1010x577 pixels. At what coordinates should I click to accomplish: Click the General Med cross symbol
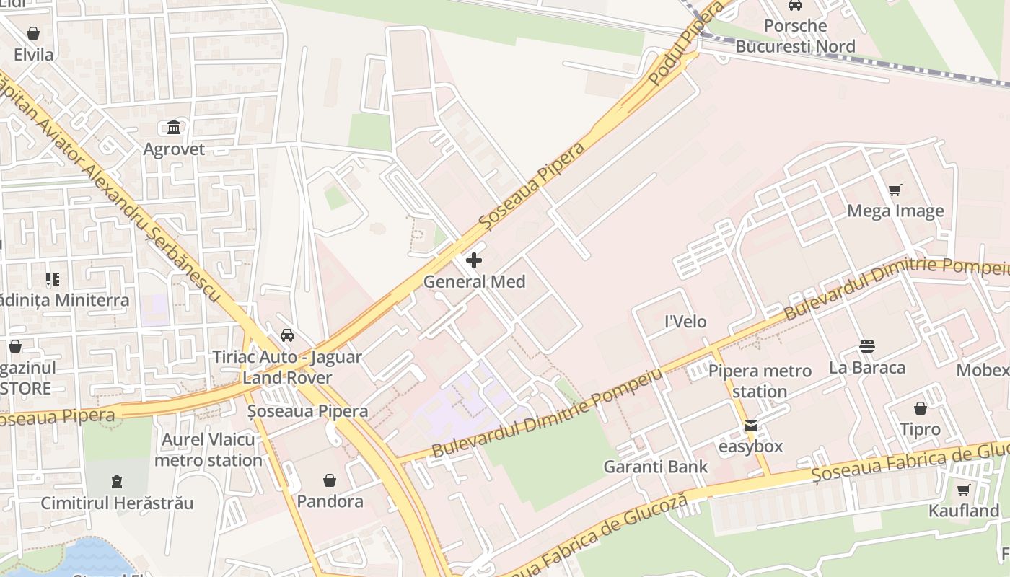pos(474,260)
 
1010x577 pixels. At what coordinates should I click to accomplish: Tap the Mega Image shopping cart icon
pos(895,190)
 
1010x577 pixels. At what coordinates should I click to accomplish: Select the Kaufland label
pos(963,511)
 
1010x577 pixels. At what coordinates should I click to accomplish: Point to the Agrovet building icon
pos(174,128)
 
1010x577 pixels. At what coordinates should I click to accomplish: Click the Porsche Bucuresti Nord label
pos(795,36)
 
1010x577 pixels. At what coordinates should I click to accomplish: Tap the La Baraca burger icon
pos(867,346)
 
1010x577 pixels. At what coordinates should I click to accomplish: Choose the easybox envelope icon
pos(751,426)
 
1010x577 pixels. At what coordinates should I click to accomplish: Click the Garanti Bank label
pos(656,467)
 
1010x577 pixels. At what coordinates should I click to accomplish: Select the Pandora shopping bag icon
pos(330,480)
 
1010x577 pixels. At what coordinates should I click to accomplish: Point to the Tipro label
pos(920,429)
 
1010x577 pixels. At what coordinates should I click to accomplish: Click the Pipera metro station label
pos(760,381)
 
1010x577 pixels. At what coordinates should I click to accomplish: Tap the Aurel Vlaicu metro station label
pos(208,450)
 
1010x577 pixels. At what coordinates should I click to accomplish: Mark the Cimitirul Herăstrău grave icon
pos(117,481)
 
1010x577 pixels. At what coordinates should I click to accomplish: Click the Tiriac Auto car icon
pos(287,335)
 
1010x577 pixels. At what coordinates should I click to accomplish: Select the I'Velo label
pos(685,322)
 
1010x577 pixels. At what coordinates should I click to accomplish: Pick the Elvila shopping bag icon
pos(33,33)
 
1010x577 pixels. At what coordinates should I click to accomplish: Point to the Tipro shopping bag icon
pos(921,408)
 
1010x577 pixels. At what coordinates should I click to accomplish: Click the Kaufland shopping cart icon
pos(963,490)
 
